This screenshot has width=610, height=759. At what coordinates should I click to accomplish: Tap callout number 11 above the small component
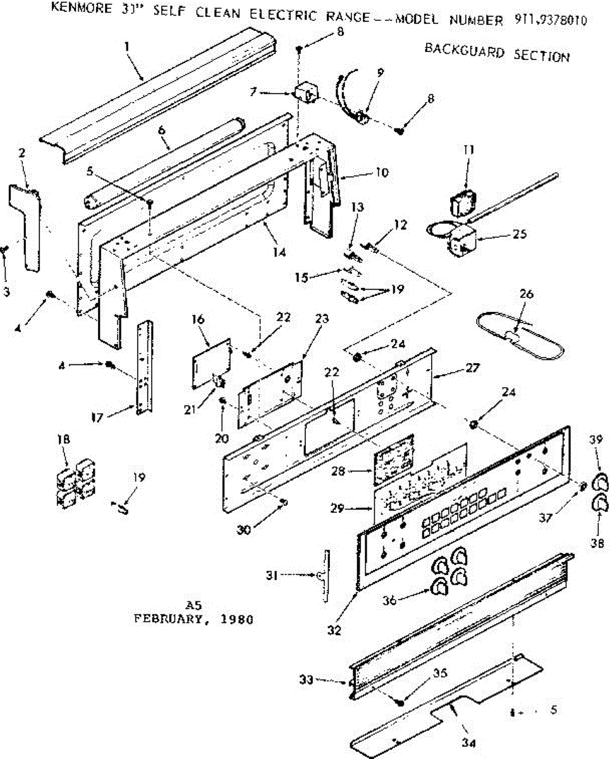[468, 151]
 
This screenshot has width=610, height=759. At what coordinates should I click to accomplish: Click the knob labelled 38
[599, 507]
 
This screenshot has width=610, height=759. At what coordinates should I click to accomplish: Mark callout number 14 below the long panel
[279, 252]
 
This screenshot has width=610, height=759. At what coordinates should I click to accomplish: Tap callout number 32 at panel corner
[335, 630]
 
